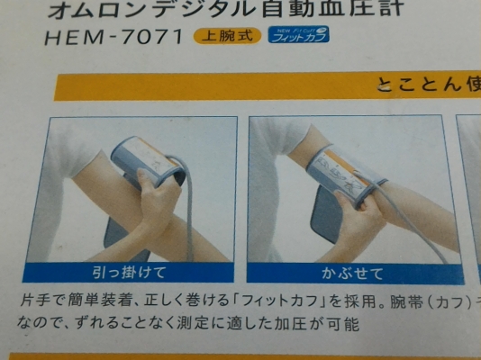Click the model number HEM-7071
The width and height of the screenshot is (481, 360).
(x=113, y=39)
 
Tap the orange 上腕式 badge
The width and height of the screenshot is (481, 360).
(x=226, y=38)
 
